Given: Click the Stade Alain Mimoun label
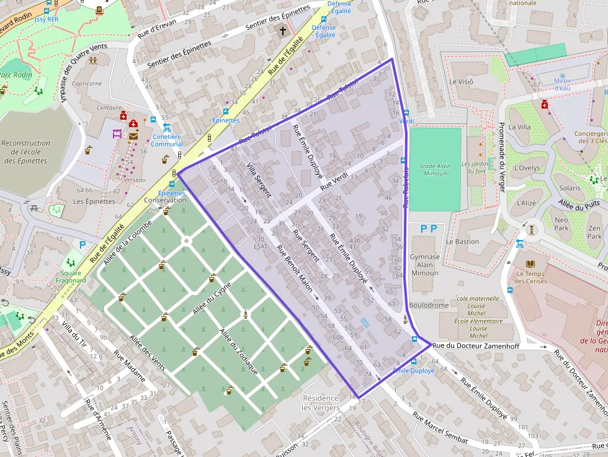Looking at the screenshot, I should (435, 169).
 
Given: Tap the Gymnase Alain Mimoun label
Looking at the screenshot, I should (425, 265).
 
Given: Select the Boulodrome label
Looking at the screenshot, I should (429, 305).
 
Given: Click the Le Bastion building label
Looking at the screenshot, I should (463, 241).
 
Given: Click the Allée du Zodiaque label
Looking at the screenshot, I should (239, 351).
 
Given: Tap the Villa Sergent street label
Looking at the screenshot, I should (259, 180).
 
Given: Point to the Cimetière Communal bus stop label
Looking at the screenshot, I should (168, 140).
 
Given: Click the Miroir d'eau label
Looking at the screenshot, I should (563, 84).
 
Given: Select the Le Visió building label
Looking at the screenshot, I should (462, 81).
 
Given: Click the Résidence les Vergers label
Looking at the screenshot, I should (320, 402).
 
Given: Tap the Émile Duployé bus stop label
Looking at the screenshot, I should (414, 370).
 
